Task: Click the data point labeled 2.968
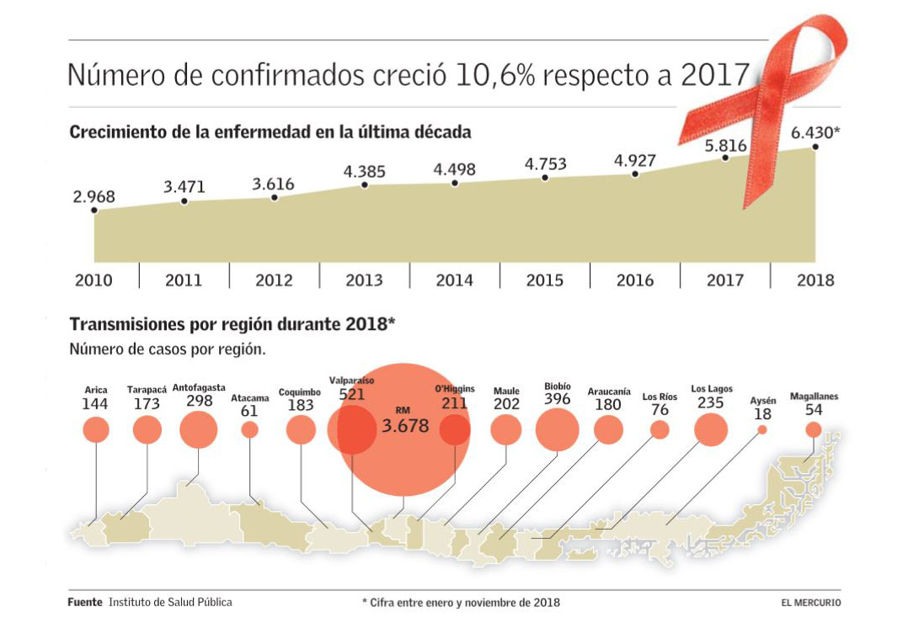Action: [x=94, y=210]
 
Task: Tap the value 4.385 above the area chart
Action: [x=365, y=171]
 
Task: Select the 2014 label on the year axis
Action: [x=454, y=280]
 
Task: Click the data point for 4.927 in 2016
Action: [x=635, y=174]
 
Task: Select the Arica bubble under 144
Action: [x=96, y=430]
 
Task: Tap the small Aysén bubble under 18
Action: [x=762, y=429]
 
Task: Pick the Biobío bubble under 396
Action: [x=558, y=429]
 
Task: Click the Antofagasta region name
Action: [x=199, y=388]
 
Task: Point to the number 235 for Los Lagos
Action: [x=711, y=403]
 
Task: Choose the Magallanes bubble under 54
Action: [x=813, y=429]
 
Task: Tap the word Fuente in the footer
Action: [x=85, y=603]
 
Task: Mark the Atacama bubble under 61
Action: [x=249, y=429]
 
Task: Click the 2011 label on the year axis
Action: [x=184, y=280]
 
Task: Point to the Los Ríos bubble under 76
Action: [x=660, y=429]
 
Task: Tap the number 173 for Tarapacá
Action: [x=147, y=404]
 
